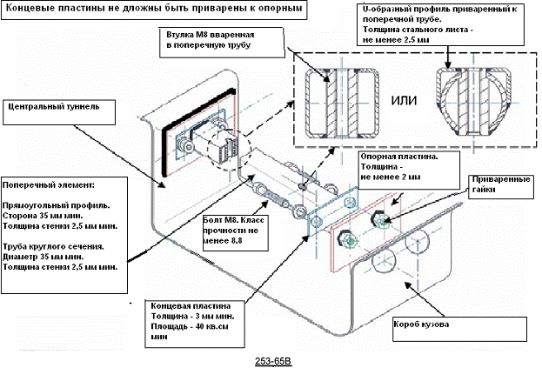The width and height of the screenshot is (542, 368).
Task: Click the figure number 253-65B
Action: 273,361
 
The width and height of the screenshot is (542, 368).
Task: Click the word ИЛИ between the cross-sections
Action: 404,101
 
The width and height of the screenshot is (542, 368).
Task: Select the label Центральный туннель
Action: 54,106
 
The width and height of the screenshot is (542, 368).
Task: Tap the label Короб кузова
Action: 421,325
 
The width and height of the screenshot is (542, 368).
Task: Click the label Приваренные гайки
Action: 501,184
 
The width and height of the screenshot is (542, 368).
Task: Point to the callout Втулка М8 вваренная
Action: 211,35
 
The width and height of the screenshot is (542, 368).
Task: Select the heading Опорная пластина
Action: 399,157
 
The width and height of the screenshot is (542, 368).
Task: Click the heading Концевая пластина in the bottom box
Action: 191,306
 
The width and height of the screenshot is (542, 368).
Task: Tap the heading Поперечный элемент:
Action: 48,184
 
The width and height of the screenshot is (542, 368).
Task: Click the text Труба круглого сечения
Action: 54,247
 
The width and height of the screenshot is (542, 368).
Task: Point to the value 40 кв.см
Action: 208,326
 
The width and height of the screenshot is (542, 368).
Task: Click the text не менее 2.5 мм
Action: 396,40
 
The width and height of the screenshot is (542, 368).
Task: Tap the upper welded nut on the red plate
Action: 378,219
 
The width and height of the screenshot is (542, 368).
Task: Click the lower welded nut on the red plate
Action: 348,239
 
